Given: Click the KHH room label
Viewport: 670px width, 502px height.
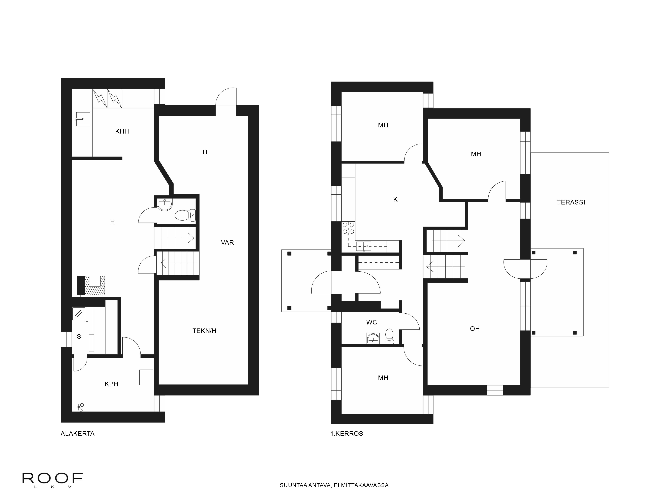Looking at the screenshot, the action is coord(122,131).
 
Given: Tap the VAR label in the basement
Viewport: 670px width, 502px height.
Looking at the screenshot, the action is coord(227,242).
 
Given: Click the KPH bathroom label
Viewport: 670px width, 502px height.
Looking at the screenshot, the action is coord(111,384).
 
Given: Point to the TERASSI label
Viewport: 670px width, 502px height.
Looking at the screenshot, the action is coord(571,202).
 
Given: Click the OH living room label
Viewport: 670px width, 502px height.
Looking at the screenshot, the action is coord(475,329).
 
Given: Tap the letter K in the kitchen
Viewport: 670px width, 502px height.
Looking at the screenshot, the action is coord(395,199).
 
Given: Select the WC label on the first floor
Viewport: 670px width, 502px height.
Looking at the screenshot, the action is coord(372,322).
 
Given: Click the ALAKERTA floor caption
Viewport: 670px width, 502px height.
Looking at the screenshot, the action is coord(78,434).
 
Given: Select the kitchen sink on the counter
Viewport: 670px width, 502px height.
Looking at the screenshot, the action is coord(363,247).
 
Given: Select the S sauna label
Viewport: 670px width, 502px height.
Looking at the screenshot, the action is coord(79,337).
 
